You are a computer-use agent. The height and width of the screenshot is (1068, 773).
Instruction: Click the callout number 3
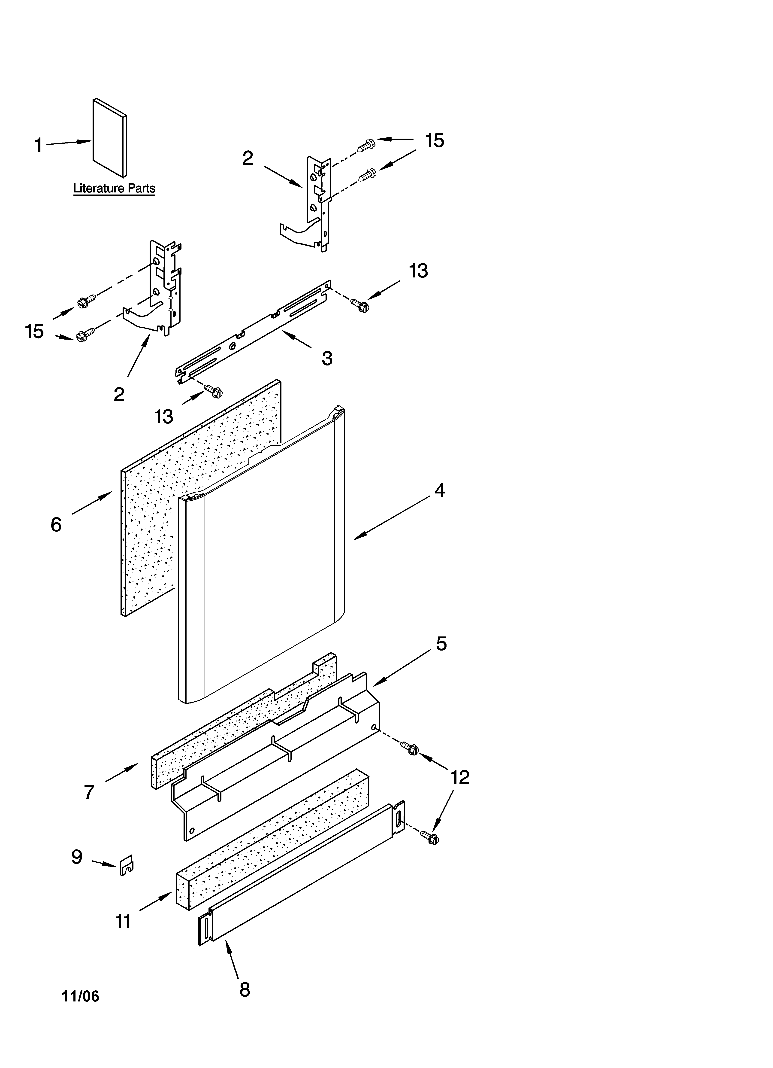(x=327, y=358)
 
